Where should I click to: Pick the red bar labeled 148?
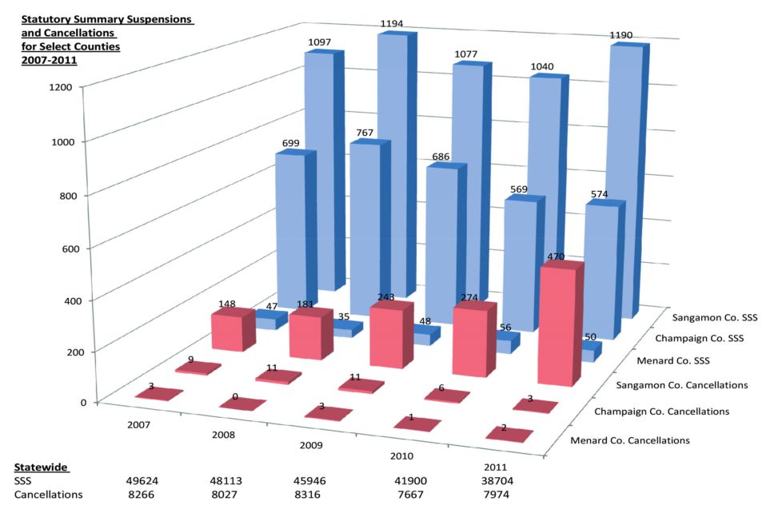[228, 330]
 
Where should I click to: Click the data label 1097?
[318, 41]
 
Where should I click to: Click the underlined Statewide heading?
[41, 466]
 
